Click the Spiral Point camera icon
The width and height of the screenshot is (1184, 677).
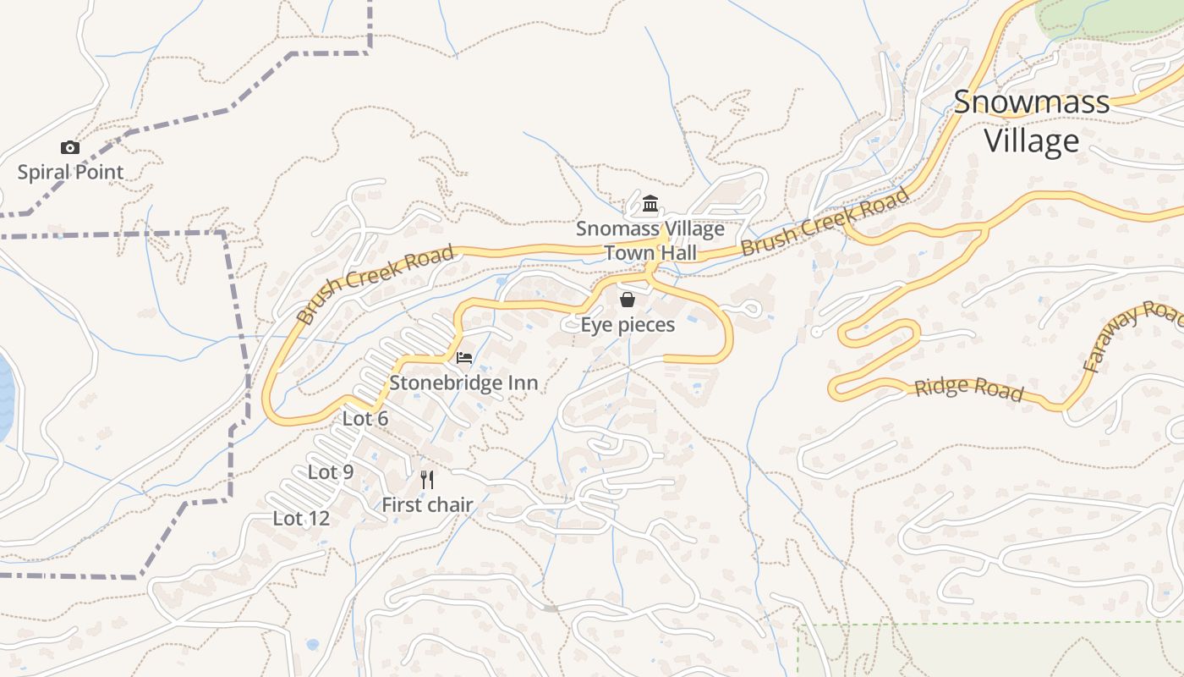pyautogui.click(x=70, y=148)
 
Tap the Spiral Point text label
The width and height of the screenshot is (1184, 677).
pyautogui.click(x=71, y=173)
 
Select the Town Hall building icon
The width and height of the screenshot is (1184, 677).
pyautogui.click(x=650, y=204)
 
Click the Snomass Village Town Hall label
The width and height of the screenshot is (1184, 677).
pyautogui.click(x=650, y=241)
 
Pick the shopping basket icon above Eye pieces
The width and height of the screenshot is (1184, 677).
pyautogui.click(x=628, y=300)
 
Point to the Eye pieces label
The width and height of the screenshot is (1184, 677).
pyautogui.click(x=628, y=325)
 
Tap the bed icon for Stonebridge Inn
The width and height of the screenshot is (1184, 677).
pyautogui.click(x=464, y=358)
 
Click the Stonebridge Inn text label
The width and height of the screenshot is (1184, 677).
pyautogui.click(x=463, y=383)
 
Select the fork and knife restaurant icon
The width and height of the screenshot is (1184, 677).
pyautogui.click(x=427, y=480)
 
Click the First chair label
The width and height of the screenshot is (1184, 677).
pyautogui.click(x=427, y=505)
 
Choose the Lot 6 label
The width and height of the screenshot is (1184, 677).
pyautogui.click(x=365, y=419)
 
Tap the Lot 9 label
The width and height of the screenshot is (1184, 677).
pyautogui.click(x=331, y=472)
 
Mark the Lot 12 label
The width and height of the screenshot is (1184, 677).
pyautogui.click(x=301, y=519)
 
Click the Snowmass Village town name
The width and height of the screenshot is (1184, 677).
pyautogui.click(x=1032, y=121)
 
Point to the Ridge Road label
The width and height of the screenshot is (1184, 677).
pyautogui.click(x=968, y=389)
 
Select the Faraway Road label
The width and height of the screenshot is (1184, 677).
pyautogui.click(x=1133, y=336)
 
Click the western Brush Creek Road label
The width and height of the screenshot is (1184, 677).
pyautogui.click(x=375, y=284)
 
